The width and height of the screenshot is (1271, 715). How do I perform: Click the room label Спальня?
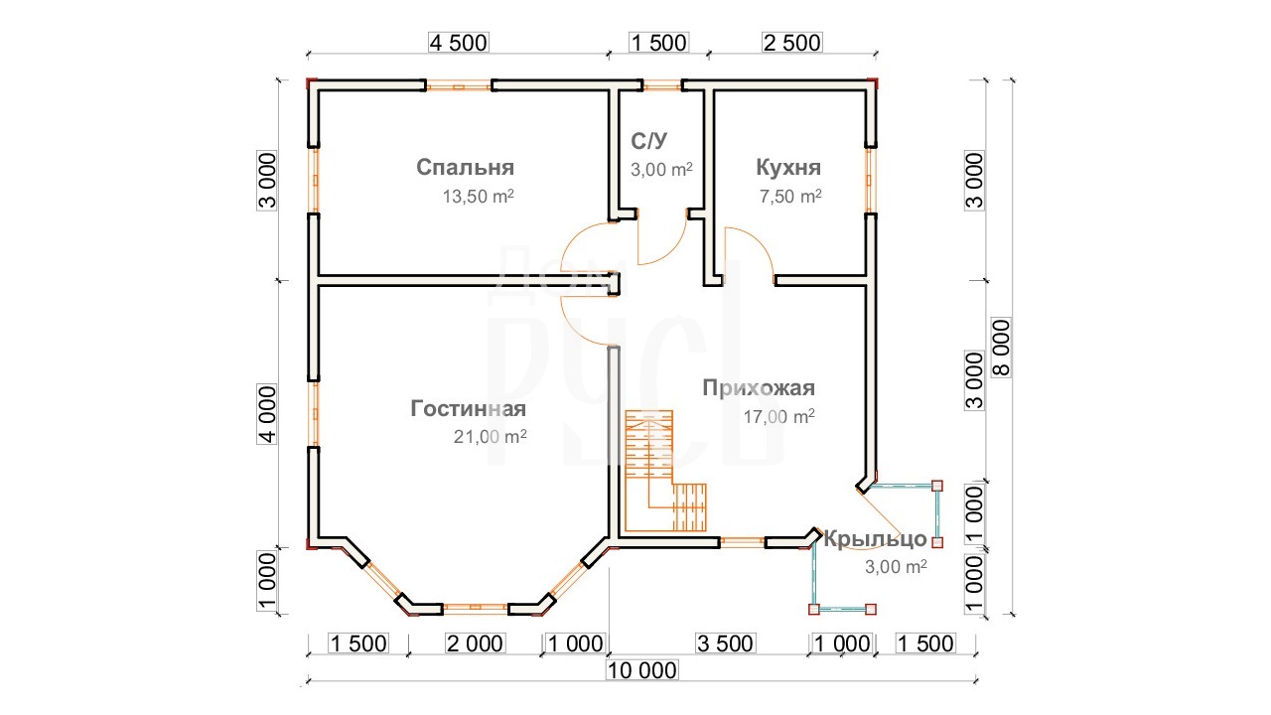tap(466, 168)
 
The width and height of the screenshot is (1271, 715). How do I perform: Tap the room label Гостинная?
tap(468, 408)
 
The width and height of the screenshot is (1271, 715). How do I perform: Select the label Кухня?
tap(788, 168)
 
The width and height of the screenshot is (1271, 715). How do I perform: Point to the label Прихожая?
tap(759, 388)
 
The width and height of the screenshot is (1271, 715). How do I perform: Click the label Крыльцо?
tap(875, 539)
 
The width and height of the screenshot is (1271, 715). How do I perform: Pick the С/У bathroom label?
tap(648, 141)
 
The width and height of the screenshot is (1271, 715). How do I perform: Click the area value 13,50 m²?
tap(479, 197)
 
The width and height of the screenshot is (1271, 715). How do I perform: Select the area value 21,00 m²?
tap(490, 436)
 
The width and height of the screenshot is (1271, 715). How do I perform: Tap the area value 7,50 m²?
tap(790, 197)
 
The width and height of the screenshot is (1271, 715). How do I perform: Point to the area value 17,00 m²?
tap(779, 417)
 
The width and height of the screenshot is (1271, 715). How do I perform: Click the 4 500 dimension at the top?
tap(459, 43)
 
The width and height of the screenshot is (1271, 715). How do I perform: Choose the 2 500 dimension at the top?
tap(792, 43)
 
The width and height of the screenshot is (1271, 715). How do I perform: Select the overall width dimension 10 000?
tap(641, 670)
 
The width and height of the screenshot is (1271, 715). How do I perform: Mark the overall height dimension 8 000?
tap(1002, 348)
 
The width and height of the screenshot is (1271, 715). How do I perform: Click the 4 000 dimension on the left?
tap(267, 414)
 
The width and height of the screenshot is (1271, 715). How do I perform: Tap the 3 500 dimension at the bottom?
tap(725, 643)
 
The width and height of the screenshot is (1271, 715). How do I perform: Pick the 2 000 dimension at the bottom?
tap(475, 643)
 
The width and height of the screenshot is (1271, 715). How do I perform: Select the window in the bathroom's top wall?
tap(662, 86)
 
